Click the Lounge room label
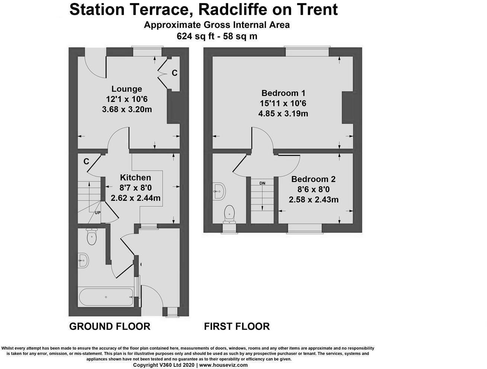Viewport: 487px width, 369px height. coord(127,89)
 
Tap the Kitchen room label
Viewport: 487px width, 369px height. coord(135,177)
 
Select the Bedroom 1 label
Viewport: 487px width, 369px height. coord(283,93)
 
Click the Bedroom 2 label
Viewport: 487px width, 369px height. coord(313,179)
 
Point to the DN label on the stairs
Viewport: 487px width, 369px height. coord(263,183)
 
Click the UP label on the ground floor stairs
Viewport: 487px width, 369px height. coord(97,213)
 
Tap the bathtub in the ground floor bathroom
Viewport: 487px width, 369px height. coord(106,297)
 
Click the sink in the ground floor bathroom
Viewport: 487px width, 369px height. coord(83,261)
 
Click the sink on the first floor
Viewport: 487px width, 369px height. coord(218,192)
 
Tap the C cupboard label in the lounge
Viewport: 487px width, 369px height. coord(174,73)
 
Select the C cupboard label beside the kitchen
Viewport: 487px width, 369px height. coord(86,162)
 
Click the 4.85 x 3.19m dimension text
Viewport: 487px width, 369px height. coord(283,113)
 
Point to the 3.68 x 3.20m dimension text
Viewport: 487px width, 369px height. coord(127,109)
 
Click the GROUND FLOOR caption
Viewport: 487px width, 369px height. coord(110,326)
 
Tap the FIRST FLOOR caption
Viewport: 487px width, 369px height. coord(237,326)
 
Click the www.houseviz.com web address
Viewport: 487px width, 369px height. coord(223,365)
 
